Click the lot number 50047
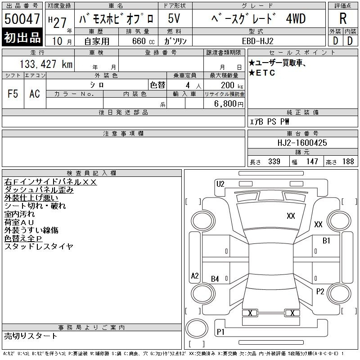(x=22, y=18)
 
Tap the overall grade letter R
(x=343, y=18)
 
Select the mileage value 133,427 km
(x=46, y=64)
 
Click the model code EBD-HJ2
(x=257, y=41)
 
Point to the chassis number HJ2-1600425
(x=302, y=143)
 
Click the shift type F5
(x=13, y=94)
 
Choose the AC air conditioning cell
(x=35, y=94)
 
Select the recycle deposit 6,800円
(x=229, y=104)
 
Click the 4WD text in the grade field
(x=296, y=18)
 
